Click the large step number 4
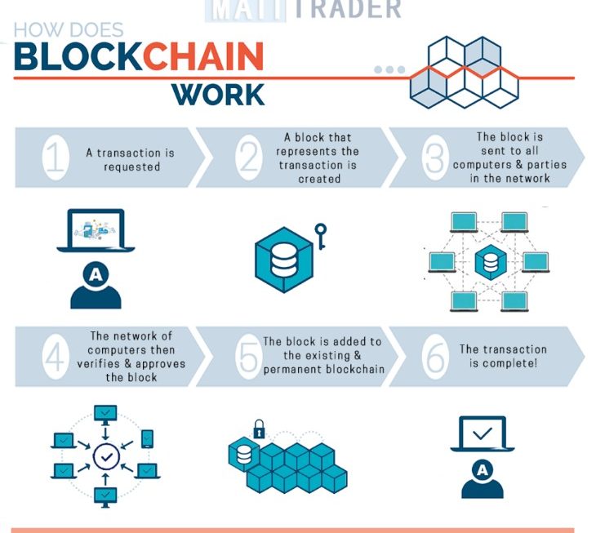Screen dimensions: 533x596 (55, 358)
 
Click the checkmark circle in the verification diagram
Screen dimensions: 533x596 (105, 456)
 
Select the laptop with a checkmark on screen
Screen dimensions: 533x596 (482, 433)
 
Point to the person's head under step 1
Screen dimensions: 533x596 (96, 276)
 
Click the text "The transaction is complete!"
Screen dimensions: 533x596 (503, 356)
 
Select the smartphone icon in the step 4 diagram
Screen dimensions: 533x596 (147, 438)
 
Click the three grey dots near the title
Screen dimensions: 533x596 (389, 69)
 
